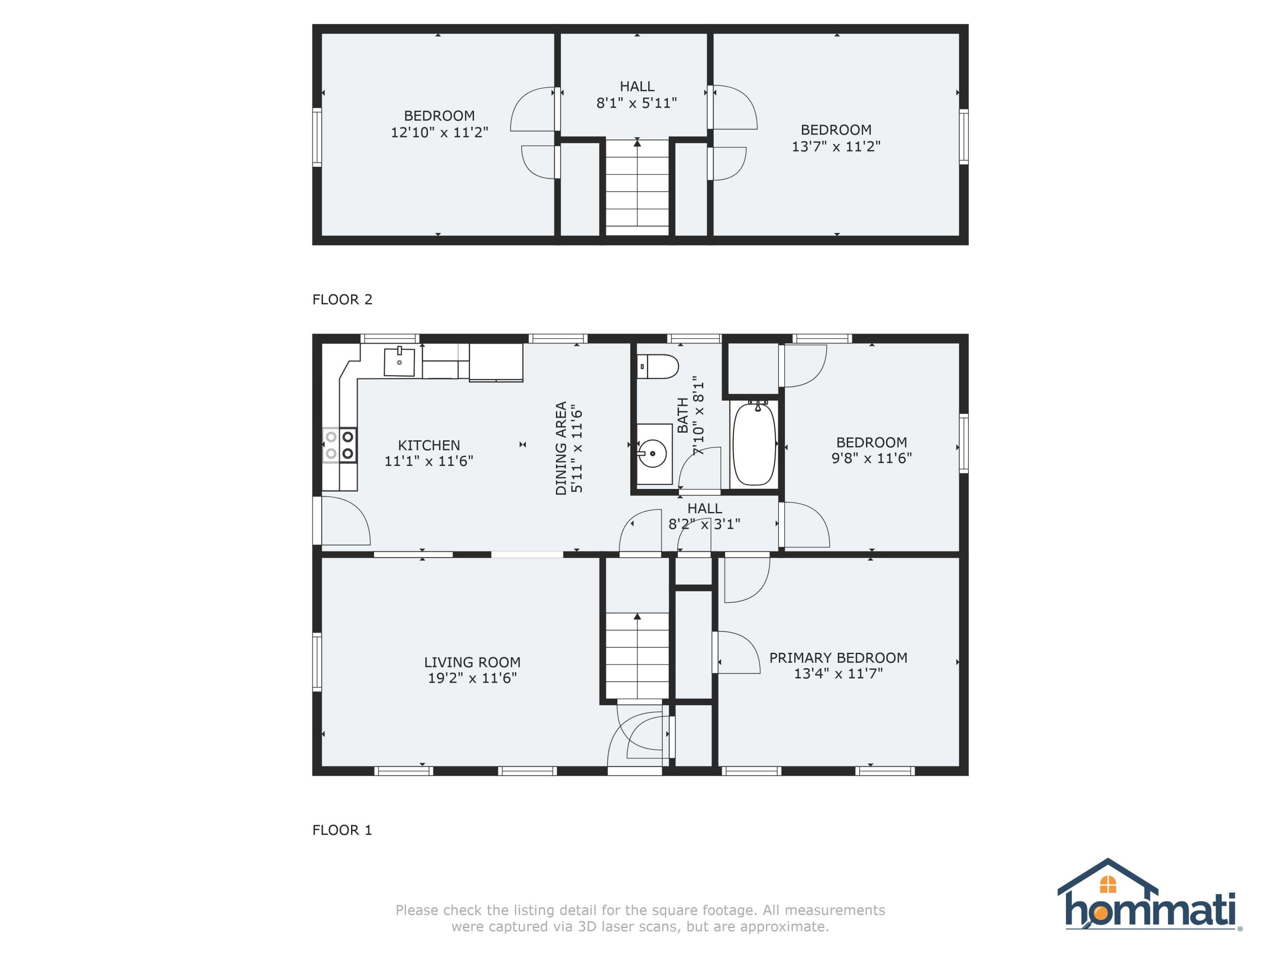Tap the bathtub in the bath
754,443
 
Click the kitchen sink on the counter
400,362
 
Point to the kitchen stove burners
339,445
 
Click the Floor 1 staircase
637,656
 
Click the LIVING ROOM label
472,662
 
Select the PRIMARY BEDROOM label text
838,658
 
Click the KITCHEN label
429,445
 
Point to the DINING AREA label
561,448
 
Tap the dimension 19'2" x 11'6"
472,678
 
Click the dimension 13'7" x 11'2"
836,146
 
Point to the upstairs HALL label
637,87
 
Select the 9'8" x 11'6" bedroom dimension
872,458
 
